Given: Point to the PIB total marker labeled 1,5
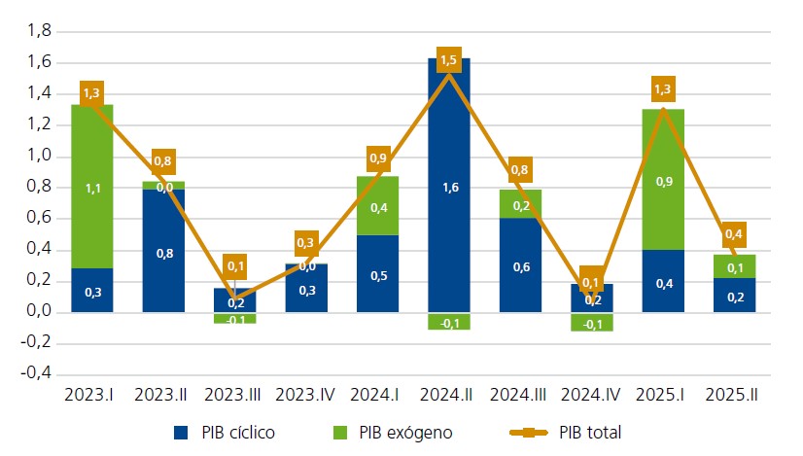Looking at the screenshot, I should pyautogui.click(x=448, y=60).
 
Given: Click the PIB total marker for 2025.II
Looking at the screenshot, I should pyautogui.click(x=734, y=234).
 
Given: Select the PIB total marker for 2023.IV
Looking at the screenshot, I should pyautogui.click(x=307, y=242).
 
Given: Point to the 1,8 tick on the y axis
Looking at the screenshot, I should pyautogui.click(x=38, y=31).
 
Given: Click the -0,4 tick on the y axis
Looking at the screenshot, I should pyautogui.click(x=36, y=374).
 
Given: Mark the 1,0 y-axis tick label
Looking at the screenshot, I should pyautogui.click(x=38, y=157).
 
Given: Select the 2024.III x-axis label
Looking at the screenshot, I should pyautogui.click(x=519, y=396).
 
